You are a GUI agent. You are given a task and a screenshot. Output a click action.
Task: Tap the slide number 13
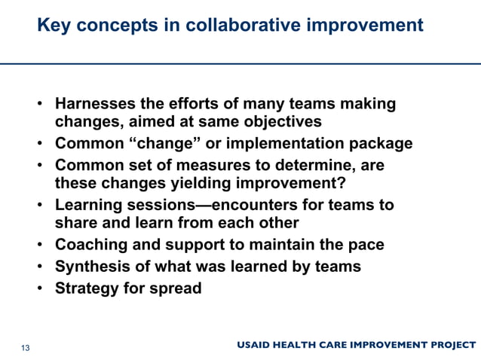click(25, 347)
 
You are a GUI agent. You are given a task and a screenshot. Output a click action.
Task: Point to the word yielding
click(198, 184)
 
